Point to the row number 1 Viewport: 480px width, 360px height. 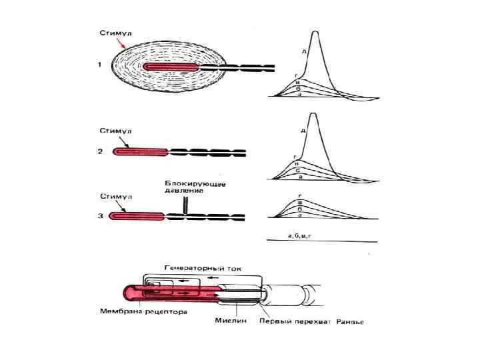click(99, 65)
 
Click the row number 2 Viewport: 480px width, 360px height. click(99, 152)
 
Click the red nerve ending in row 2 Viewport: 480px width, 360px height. click(140, 152)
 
